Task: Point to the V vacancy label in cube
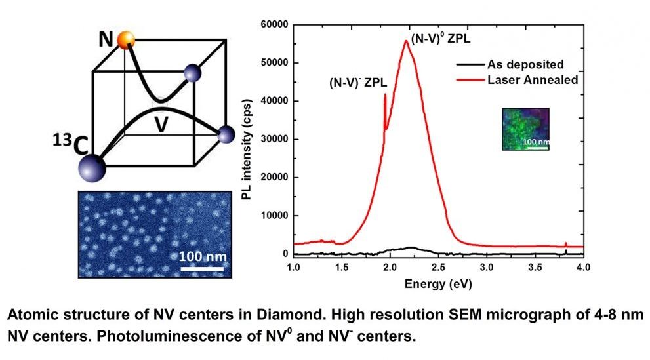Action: (159, 124)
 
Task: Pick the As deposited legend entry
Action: (525, 65)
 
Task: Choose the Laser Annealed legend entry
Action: (531, 80)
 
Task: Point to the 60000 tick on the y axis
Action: (272, 24)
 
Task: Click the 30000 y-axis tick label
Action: (272, 139)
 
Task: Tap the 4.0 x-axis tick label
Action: (583, 268)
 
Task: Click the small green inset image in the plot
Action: (525, 129)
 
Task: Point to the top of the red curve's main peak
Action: (406, 41)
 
